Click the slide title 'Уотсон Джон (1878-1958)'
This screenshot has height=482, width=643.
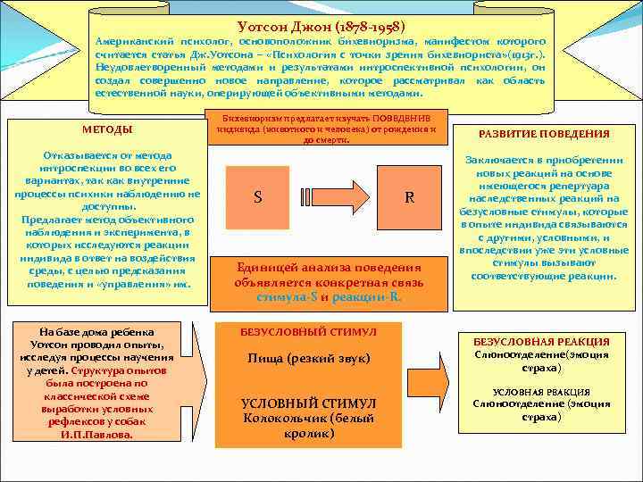pyautogui.click(x=326, y=28)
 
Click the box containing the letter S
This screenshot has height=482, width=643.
pyautogui.click(x=258, y=197)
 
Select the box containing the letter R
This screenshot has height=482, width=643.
pyautogui.click(x=409, y=197)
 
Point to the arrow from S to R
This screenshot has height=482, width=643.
pyautogui.click(x=333, y=197)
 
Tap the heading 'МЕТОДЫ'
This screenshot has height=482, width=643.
pyautogui.click(x=107, y=130)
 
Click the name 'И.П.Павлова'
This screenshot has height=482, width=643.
pyautogui.click(x=96, y=435)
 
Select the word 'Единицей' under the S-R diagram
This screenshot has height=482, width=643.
pyautogui.click(x=264, y=267)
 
